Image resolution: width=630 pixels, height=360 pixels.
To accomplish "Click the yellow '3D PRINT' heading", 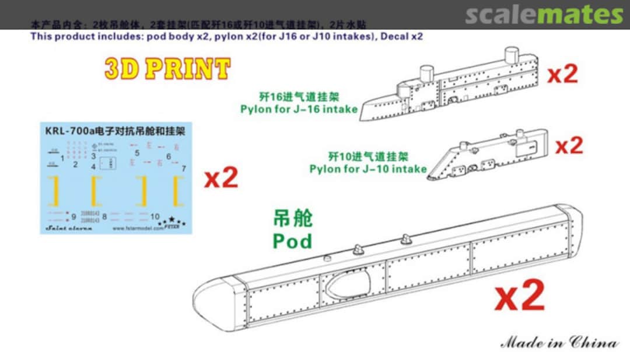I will point(167,69).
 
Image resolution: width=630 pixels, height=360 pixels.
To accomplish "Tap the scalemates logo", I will point(543,15).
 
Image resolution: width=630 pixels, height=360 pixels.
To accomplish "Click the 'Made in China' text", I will point(559,342).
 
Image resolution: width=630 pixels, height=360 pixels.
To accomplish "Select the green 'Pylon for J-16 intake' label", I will point(299,109).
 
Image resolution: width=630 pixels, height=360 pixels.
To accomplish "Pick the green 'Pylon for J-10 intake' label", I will point(367,169).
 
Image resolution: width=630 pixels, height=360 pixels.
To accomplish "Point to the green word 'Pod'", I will point(292,240).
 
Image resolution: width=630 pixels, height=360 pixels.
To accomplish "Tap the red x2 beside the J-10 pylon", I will point(568,145).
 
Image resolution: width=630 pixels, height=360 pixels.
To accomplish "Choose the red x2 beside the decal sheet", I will point(221,178).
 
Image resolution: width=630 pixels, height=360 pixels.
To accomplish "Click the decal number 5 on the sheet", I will point(137,153).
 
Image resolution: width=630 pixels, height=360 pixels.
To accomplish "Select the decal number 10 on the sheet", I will point(155,216).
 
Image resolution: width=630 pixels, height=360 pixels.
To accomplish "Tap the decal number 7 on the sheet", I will point(184,168).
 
